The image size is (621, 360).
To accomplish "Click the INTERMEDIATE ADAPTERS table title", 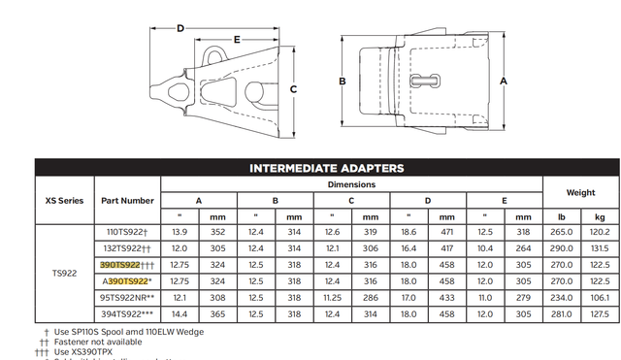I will [326, 168].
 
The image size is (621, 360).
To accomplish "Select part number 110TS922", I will [125, 231].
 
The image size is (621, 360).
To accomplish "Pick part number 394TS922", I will [127, 313].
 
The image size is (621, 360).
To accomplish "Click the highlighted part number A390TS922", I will [126, 280].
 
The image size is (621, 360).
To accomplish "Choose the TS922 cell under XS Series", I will [65, 273].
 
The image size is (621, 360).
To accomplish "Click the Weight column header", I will [581, 192].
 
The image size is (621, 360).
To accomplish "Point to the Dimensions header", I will [350, 184].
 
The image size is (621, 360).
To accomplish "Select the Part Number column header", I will [126, 201].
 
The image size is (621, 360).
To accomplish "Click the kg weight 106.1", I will [601, 297].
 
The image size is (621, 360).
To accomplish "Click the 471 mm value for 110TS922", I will [446, 231].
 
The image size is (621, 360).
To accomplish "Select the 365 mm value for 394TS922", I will [217, 313].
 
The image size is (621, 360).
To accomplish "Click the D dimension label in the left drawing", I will [180, 28].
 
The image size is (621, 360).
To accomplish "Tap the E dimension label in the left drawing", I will [237, 40].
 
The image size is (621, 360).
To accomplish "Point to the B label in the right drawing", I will [343, 82].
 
